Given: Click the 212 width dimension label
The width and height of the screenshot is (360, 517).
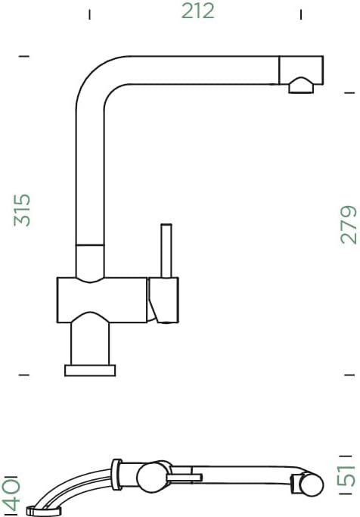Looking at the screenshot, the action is tap(197, 11).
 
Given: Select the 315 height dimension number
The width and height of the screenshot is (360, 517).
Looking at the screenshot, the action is tap(22, 210).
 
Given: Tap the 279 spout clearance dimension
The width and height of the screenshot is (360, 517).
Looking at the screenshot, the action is tap(348, 225).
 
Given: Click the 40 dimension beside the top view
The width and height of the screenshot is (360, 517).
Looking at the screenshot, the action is tap(11, 491).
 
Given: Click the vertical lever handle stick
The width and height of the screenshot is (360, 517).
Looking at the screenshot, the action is tap(166, 251).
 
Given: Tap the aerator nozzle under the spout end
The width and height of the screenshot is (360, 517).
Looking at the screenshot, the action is tap(301, 86).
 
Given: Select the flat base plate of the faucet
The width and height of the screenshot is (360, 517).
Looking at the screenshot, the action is tap(90, 370).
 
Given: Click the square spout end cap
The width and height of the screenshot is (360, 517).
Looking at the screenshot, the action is tap(301, 70).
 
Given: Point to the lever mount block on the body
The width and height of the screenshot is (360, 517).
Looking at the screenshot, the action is tap(163, 300).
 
